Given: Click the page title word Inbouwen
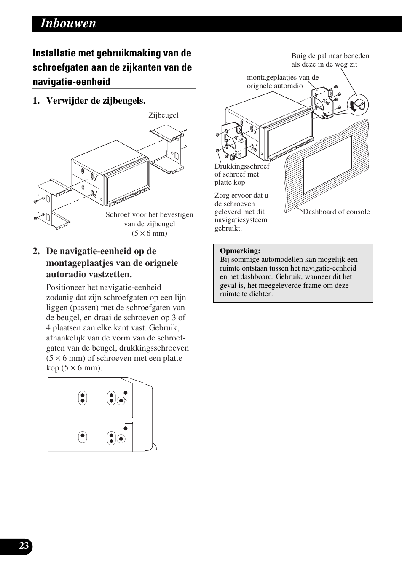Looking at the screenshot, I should (x=68, y=24).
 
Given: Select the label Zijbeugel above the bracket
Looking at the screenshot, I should (x=163, y=115).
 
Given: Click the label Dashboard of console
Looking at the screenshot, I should (x=336, y=212).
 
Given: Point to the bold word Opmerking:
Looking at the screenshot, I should (x=240, y=251).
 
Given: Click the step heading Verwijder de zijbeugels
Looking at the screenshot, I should (x=96, y=101).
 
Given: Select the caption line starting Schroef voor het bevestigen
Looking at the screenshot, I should (x=150, y=215).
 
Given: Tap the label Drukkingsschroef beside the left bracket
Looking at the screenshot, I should (x=242, y=166).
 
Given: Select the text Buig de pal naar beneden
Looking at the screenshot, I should (x=330, y=56).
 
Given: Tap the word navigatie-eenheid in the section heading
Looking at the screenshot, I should (x=72, y=82).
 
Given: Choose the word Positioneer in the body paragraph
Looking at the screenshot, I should (x=66, y=287).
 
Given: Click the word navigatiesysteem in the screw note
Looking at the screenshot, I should (x=241, y=220).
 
